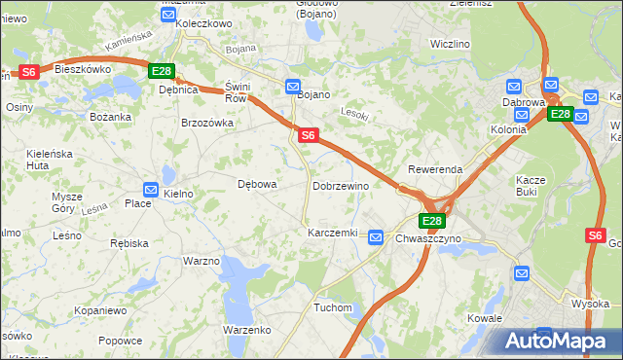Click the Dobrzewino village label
340,185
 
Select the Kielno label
178,194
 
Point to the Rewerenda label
435,168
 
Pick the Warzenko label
246,330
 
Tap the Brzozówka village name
207,123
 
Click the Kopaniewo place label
100,310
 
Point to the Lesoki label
353,112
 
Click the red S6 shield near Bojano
308,135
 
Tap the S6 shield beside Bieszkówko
28,71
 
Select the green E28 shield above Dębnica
161,71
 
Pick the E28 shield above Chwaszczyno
432,221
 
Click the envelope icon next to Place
151,189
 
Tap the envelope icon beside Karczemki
376,235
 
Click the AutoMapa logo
560,342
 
